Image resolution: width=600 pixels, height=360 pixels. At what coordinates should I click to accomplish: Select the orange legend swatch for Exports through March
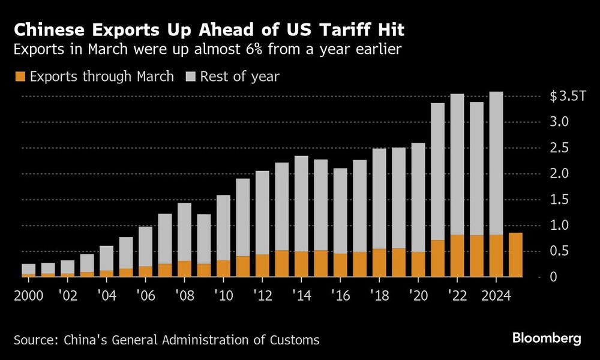tap(20, 77)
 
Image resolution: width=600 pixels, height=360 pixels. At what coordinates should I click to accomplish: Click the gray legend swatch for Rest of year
tap(191, 77)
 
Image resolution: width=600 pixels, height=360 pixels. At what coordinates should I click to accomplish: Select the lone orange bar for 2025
tap(515, 255)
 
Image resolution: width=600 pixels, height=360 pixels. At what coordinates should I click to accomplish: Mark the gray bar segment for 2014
tap(301, 204)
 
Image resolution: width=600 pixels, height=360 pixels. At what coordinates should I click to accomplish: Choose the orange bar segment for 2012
tap(262, 266)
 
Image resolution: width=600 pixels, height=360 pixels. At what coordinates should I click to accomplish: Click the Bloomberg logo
tap(546, 338)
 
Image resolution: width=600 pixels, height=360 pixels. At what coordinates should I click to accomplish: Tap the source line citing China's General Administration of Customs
tap(166, 340)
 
